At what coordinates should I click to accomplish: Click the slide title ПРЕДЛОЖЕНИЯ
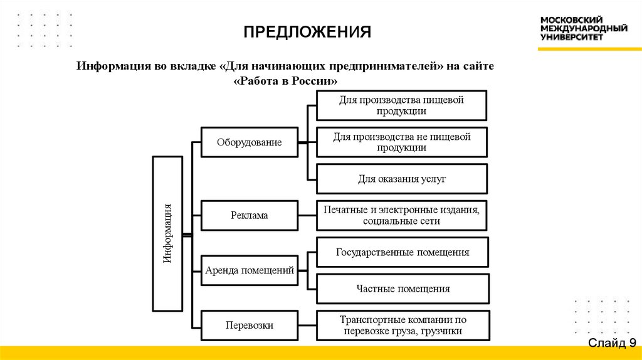[x=308, y=31]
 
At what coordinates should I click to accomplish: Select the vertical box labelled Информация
[x=167, y=233]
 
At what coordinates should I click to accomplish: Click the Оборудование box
[x=249, y=142]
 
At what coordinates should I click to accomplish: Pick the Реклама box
[x=249, y=215]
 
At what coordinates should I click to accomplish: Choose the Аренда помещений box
[x=249, y=271]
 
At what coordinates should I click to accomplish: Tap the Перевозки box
[x=249, y=326]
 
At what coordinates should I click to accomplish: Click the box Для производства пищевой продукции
[x=402, y=105]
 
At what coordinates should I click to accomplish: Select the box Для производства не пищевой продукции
[x=402, y=142]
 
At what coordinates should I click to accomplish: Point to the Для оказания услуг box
[x=402, y=179]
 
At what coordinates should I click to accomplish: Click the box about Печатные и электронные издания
[x=402, y=215]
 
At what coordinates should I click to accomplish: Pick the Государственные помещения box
[x=402, y=253]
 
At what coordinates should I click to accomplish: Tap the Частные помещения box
[x=402, y=289]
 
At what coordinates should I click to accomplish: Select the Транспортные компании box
[x=402, y=326]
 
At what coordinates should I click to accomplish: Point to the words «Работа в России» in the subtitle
[x=285, y=82]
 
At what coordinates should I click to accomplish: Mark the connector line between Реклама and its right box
[x=307, y=215]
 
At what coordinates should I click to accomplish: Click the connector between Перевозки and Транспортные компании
[x=307, y=326]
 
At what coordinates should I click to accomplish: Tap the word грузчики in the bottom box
[x=443, y=331]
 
